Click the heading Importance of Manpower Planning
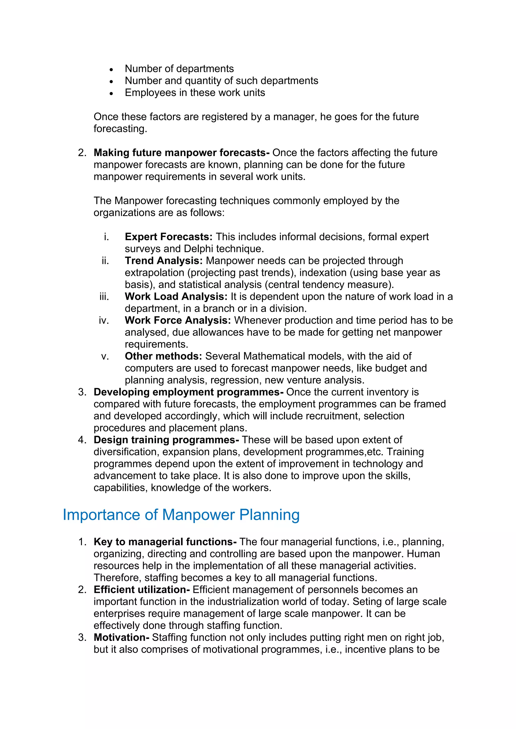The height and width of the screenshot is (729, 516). (181, 515)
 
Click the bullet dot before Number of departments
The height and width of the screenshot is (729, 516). (111, 69)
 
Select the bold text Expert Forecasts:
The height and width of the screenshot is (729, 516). (168, 237)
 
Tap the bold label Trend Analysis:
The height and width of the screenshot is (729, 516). (164, 261)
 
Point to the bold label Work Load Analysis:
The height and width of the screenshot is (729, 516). (176, 297)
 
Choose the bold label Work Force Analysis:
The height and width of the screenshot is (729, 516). (178, 320)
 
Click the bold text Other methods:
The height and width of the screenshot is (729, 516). (163, 356)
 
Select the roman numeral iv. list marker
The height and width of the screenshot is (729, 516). (104, 320)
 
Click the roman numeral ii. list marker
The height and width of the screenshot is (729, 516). (105, 261)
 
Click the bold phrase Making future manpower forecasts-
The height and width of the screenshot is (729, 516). (181, 153)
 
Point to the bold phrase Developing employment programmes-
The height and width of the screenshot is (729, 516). (188, 392)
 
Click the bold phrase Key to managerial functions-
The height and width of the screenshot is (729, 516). (165, 542)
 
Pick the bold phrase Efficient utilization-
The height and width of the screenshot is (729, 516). (142, 590)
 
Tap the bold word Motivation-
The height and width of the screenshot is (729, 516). (121, 638)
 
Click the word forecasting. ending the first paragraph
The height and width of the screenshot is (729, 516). (120, 129)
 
